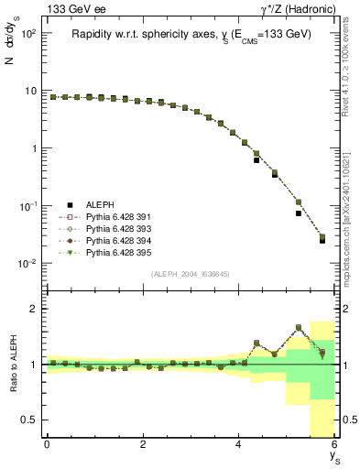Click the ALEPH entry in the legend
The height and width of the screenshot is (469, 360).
click(99, 205)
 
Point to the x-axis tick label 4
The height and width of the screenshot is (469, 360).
click(239, 444)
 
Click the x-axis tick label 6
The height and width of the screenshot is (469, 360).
click(335, 444)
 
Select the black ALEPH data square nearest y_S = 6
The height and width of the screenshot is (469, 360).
click(322, 241)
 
